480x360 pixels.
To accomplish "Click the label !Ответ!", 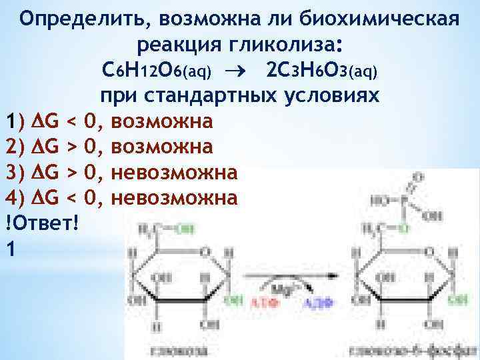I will [41, 222].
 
